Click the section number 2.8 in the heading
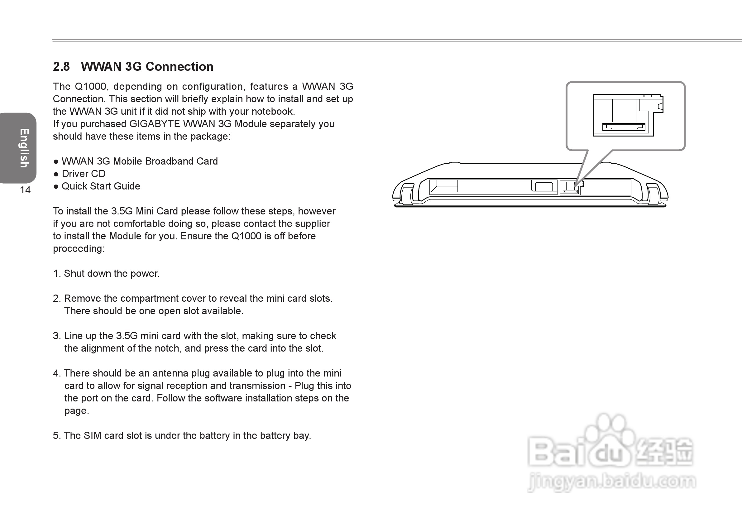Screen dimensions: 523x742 pyautogui.click(x=61, y=67)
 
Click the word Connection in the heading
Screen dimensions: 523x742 pyautogui.click(x=180, y=67)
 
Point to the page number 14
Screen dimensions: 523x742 pyautogui.click(x=25, y=190)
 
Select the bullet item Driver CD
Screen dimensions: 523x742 pyautogui.click(x=84, y=174)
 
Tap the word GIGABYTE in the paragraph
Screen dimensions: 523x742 pyautogui.click(x=155, y=124)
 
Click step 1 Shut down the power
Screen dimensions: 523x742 pyautogui.click(x=112, y=273)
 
